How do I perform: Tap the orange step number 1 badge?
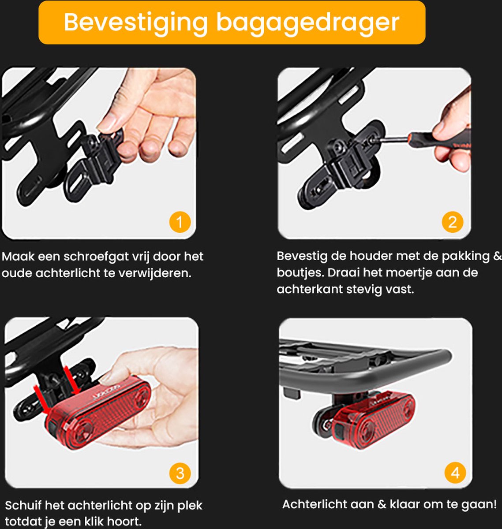(180, 222)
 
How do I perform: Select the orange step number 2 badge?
(453, 222)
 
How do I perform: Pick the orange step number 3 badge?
(180, 473)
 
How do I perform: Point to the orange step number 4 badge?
(455, 473)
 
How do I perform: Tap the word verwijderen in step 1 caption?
(155, 273)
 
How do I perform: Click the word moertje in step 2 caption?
(409, 273)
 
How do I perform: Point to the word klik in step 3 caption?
(94, 522)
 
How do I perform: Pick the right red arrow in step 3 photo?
(71, 380)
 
